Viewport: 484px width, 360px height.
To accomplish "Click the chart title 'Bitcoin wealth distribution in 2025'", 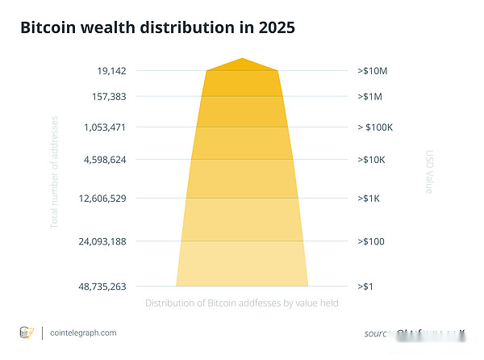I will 157,27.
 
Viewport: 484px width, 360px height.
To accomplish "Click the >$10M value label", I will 372,70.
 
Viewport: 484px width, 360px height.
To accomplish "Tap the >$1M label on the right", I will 369,96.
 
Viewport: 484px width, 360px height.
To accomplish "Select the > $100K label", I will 375,127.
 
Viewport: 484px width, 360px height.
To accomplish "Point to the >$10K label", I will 371,159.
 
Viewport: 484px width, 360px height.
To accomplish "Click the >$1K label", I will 369,198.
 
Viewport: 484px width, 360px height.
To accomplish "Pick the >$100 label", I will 370,241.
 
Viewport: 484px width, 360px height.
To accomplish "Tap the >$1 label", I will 365,286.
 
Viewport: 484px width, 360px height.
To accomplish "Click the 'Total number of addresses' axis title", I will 55,170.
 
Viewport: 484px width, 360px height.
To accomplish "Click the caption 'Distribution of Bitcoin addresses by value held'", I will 241,303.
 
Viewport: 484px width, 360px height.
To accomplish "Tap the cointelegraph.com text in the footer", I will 83,333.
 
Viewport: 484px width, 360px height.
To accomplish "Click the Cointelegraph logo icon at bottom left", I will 27,333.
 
